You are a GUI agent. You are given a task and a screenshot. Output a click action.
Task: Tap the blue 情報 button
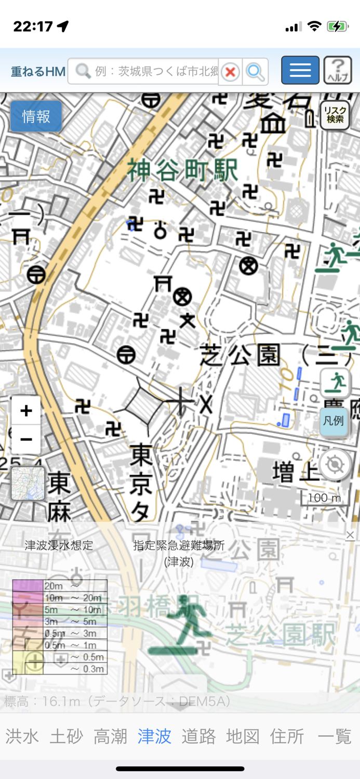(x=36, y=116)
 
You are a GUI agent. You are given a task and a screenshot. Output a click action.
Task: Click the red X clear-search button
(x=231, y=72)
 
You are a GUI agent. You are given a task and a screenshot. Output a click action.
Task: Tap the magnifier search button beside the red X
(x=255, y=72)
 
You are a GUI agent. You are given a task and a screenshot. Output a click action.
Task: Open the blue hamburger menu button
(x=300, y=70)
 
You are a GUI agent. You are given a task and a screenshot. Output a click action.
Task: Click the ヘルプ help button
(x=338, y=70)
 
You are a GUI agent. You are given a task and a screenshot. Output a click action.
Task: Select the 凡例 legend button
(x=334, y=421)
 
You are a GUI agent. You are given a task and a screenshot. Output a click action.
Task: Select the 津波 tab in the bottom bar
(x=154, y=736)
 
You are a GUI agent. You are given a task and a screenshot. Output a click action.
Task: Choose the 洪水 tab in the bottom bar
(x=22, y=736)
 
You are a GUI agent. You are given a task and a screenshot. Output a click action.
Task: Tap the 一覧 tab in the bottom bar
(x=335, y=736)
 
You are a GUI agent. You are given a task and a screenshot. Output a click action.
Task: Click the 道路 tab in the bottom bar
(x=198, y=736)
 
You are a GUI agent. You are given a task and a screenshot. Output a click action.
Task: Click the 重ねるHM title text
(x=38, y=72)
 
